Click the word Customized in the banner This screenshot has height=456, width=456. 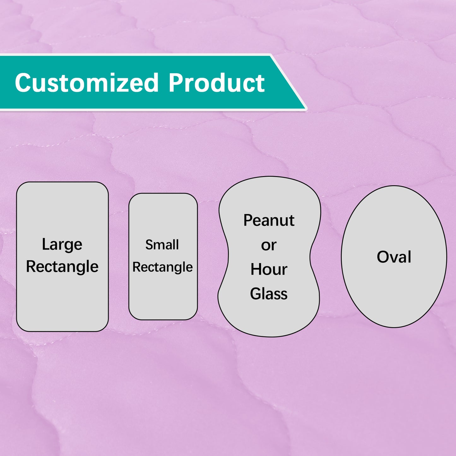86,83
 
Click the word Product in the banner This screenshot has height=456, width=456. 216,83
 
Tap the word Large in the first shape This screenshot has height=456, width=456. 62,245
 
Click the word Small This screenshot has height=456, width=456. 162,245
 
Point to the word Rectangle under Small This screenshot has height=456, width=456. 162,267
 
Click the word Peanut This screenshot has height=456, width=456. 269,220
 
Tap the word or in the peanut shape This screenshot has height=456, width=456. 269,246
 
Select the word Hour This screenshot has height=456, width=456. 269,269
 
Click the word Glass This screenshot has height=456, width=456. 269,294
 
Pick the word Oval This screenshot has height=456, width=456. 394,257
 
